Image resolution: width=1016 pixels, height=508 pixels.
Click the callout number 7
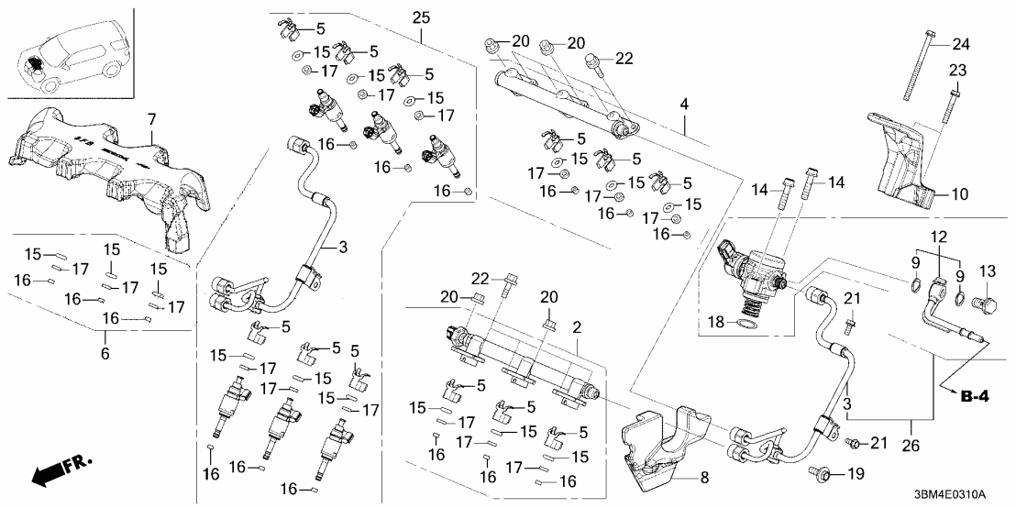(152, 119)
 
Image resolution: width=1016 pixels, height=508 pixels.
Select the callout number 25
(421, 17)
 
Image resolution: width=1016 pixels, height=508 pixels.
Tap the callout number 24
(959, 43)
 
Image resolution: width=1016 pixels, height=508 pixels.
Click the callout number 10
(958, 194)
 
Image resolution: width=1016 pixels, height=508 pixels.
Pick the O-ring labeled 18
(747, 323)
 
